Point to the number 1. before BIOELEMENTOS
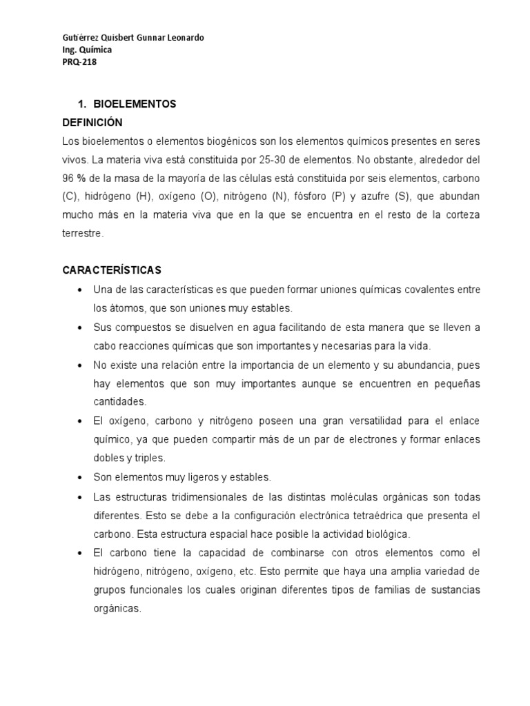pos(81,104)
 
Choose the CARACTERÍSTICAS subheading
pos(112,270)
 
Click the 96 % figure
pos(72,178)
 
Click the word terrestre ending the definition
pos(82,234)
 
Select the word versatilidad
pos(345,421)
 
